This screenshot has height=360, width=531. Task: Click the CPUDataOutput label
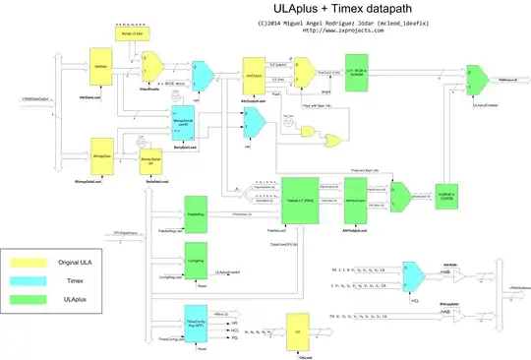(120, 233)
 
